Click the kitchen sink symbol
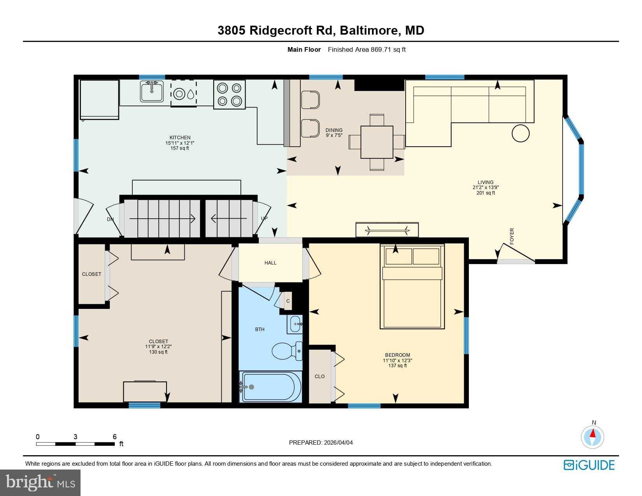pyautogui.click(x=152, y=91)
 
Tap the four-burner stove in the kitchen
pyautogui.click(x=230, y=94)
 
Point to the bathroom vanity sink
pyautogui.click(x=295, y=324)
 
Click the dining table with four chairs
pyautogui.click(x=377, y=142)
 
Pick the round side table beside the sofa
pyautogui.click(x=521, y=133)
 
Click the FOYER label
pyautogui.click(x=512, y=236)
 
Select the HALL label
pyautogui.click(x=270, y=263)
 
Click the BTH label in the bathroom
pyautogui.click(x=260, y=329)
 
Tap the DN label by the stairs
pyautogui.click(x=111, y=219)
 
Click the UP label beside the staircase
pyautogui.click(x=264, y=219)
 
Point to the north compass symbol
pyautogui.click(x=593, y=436)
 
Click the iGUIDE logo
pyautogui.click(x=589, y=465)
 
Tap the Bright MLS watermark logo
pyautogui.click(x=40, y=483)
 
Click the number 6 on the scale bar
pyautogui.click(x=114, y=437)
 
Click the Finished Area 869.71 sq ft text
pyautogui.click(x=367, y=49)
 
